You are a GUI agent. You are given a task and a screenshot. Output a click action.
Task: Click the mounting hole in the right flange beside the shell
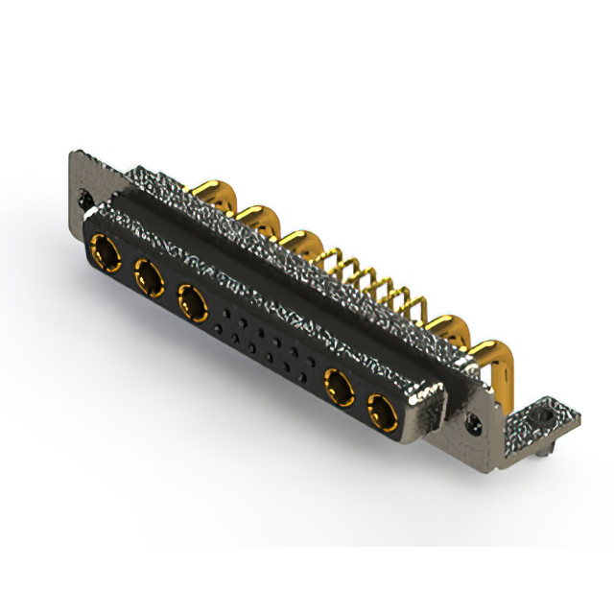[474, 420]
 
